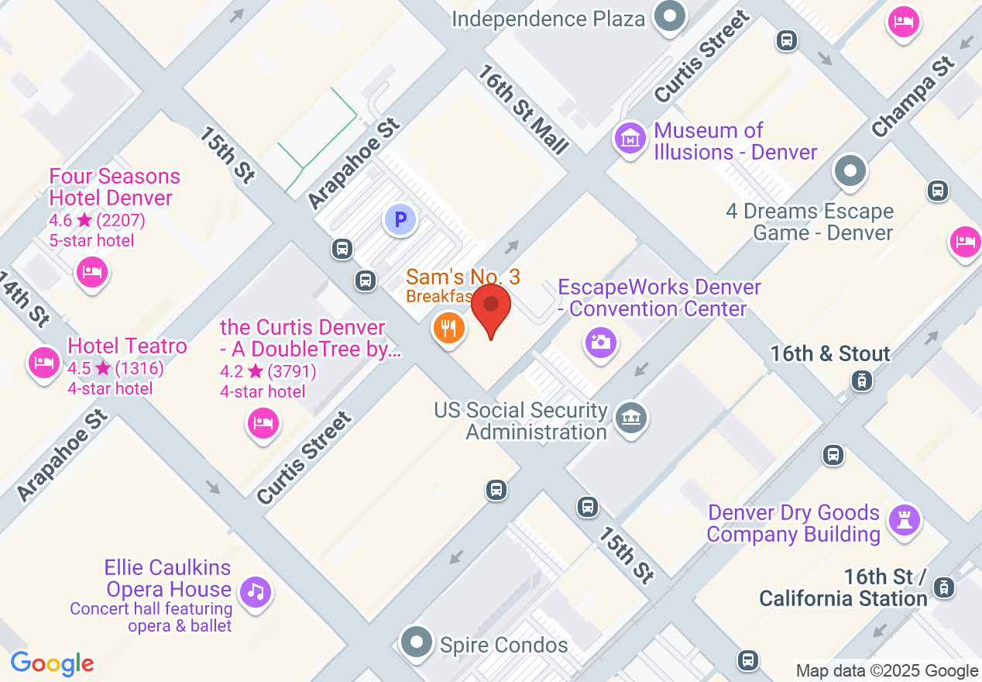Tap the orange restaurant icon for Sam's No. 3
(448, 327)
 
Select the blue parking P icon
(400, 221)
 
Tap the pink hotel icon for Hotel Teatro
(44, 363)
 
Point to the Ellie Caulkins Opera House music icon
(256, 593)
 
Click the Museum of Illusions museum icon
(630, 139)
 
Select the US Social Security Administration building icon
(631, 418)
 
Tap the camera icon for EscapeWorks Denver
(601, 341)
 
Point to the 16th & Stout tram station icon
(860, 381)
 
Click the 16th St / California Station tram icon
(943, 587)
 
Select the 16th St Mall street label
(524, 108)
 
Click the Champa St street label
(912, 97)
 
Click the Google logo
(52, 663)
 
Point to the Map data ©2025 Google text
(887, 671)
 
